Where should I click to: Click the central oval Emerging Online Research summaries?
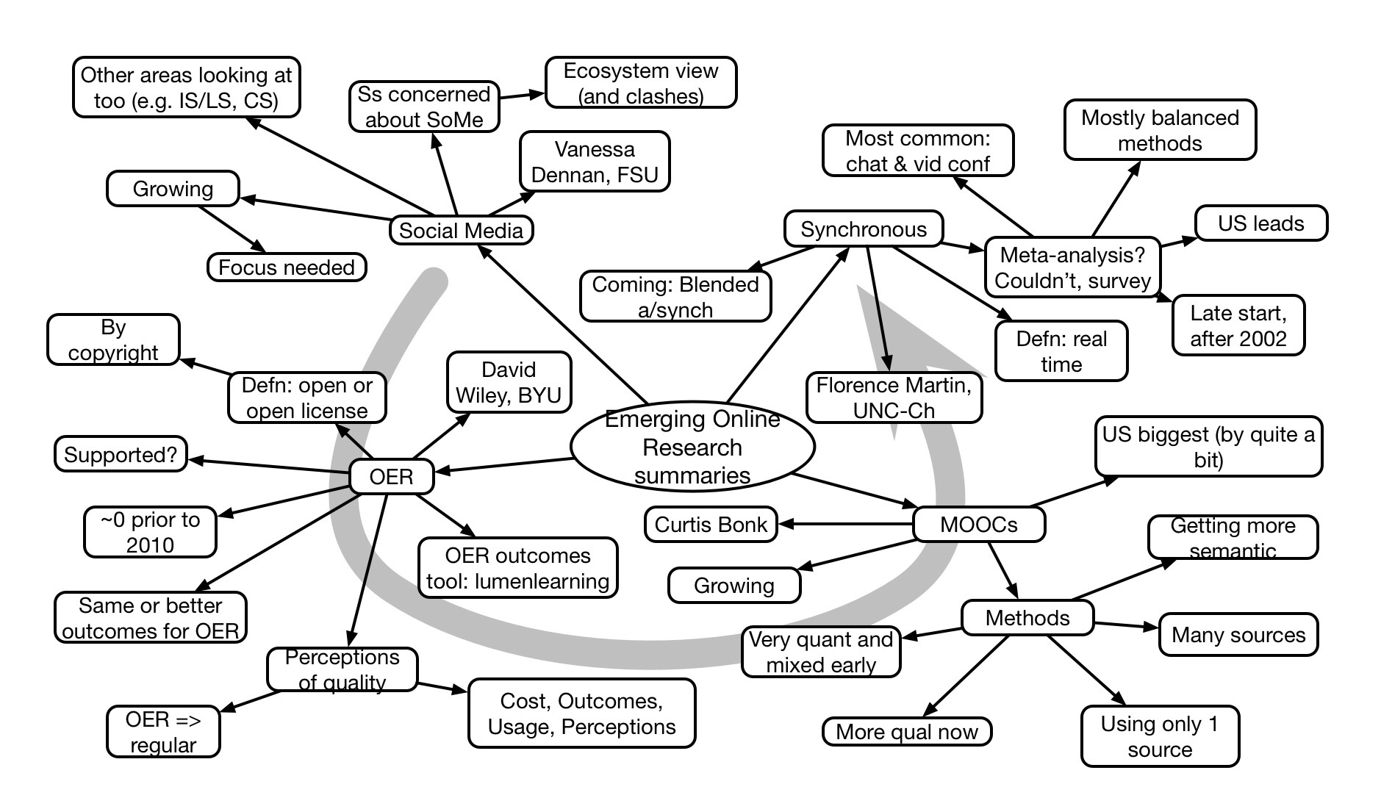pyautogui.click(x=692, y=447)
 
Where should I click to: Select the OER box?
pyautogui.click(x=391, y=477)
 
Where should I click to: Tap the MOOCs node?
pyautogui.click(x=978, y=525)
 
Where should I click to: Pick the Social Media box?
pyautogui.click(x=461, y=230)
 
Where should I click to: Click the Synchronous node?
pyautogui.click(x=864, y=229)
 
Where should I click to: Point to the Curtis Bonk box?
pyautogui.click(x=711, y=525)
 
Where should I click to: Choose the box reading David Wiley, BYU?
pyautogui.click(x=509, y=382)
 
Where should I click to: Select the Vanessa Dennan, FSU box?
pyautogui.click(x=595, y=162)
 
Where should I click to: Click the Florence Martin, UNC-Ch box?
pyautogui.click(x=894, y=398)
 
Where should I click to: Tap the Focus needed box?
pyautogui.click(x=287, y=267)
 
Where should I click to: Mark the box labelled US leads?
pyautogui.click(x=1261, y=223)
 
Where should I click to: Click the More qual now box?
pyautogui.click(x=907, y=732)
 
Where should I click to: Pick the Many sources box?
pyautogui.click(x=1238, y=635)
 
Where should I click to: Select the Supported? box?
pyautogui.click(x=121, y=454)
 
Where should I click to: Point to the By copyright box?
pyautogui.click(x=113, y=339)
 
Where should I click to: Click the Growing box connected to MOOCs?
pyautogui.click(x=734, y=586)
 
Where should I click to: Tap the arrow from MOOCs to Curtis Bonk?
pyautogui.click(x=845, y=524)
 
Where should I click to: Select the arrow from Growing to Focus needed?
pyautogui.click(x=232, y=229)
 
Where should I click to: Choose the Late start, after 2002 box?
pyautogui.click(x=1238, y=326)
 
